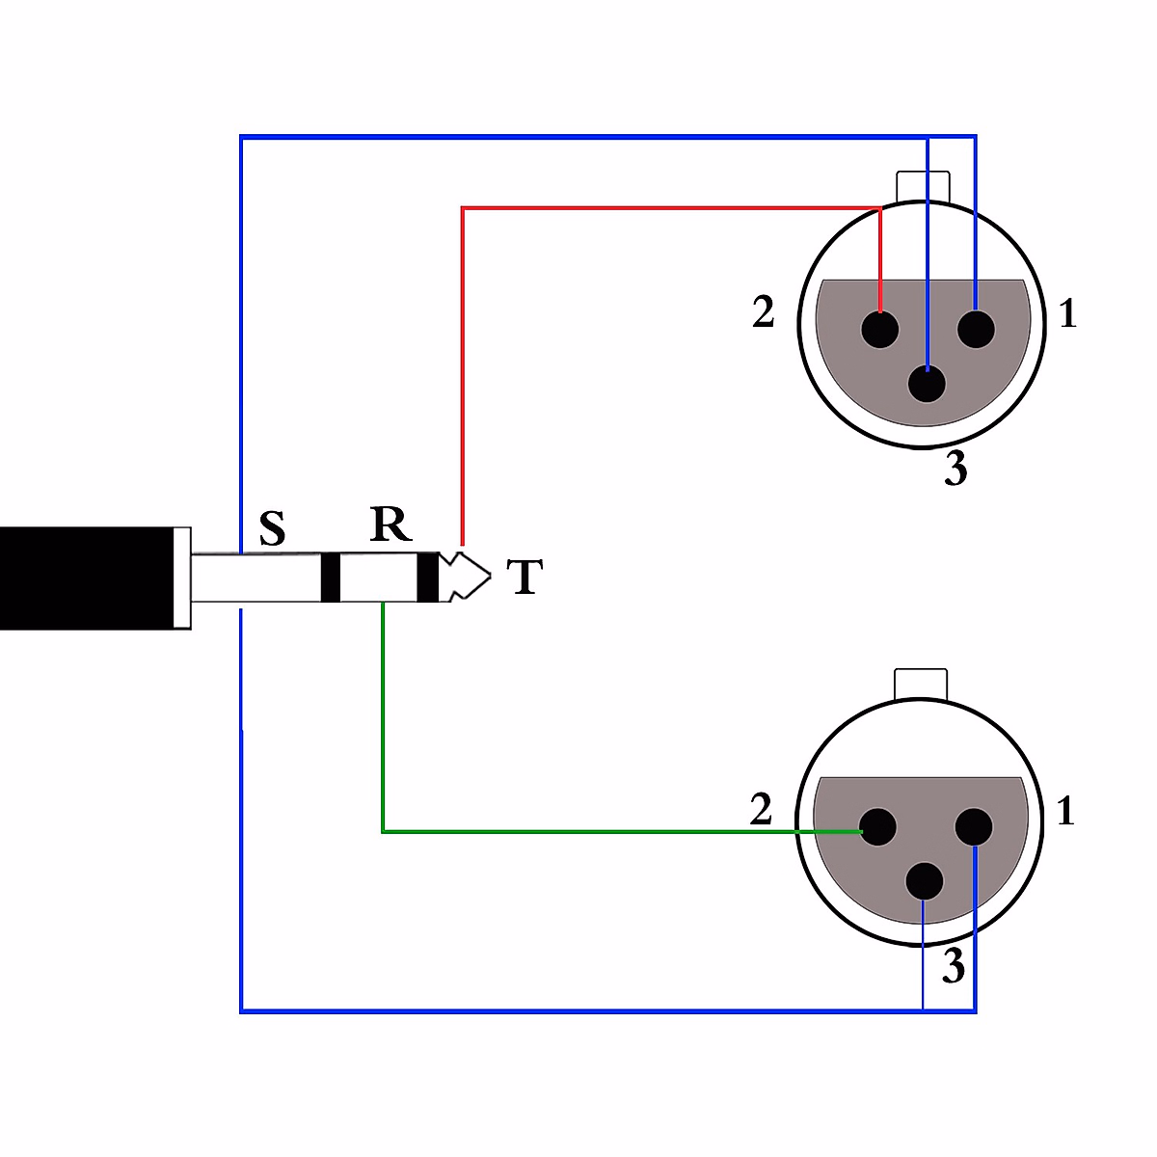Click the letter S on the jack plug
click(273, 528)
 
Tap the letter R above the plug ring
click(390, 525)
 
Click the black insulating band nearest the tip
click(427, 577)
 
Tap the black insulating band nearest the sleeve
click(330, 577)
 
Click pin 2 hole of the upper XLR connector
click(880, 330)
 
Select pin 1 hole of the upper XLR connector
click(976, 330)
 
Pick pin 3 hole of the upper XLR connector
click(928, 384)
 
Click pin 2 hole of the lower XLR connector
click(878, 827)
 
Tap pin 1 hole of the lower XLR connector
click(974, 827)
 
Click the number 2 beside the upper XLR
click(764, 312)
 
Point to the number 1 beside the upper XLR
click(1067, 314)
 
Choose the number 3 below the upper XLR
click(955, 470)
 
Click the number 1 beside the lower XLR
click(1065, 812)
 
